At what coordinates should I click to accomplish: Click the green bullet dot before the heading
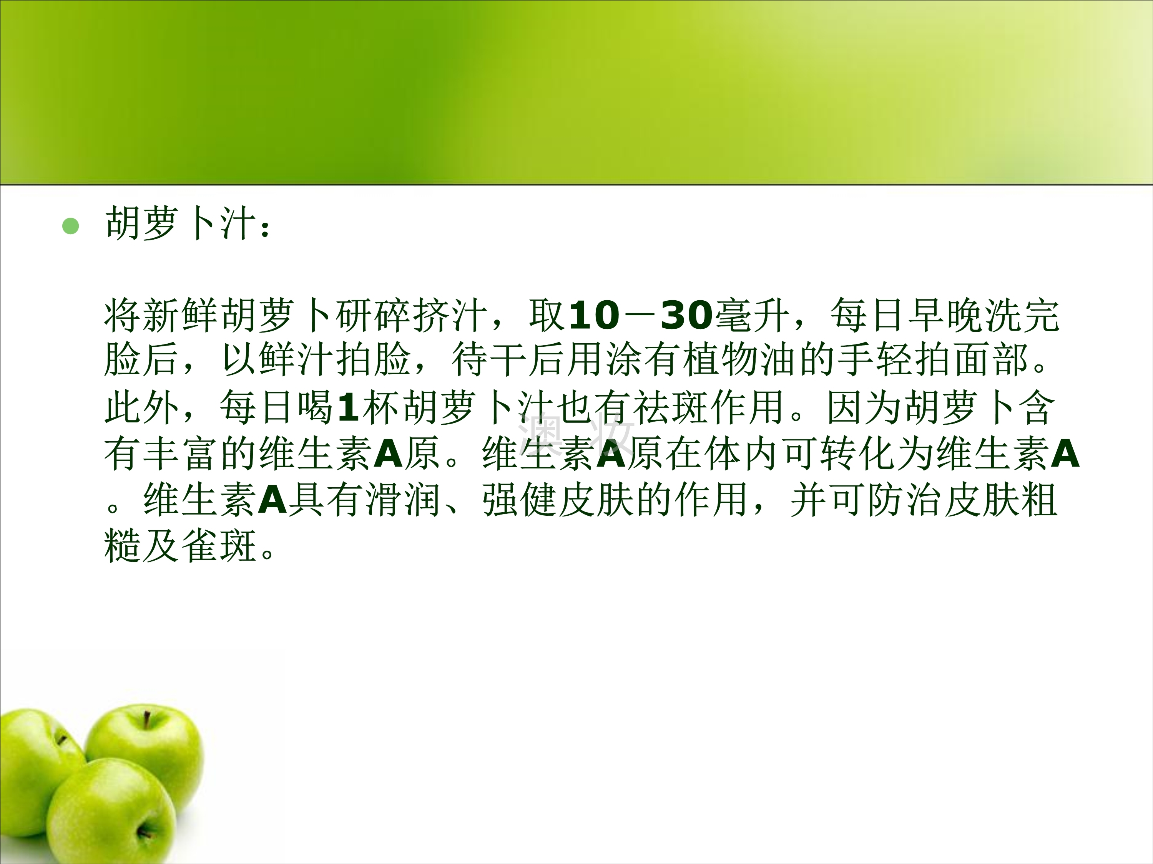pos(70,226)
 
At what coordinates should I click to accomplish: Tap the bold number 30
pos(686,316)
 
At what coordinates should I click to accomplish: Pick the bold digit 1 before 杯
pos(348,407)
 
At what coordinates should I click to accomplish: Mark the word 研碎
pos(373,316)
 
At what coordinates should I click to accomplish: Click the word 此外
pos(142,407)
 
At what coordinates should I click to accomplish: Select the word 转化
pos(859,453)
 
